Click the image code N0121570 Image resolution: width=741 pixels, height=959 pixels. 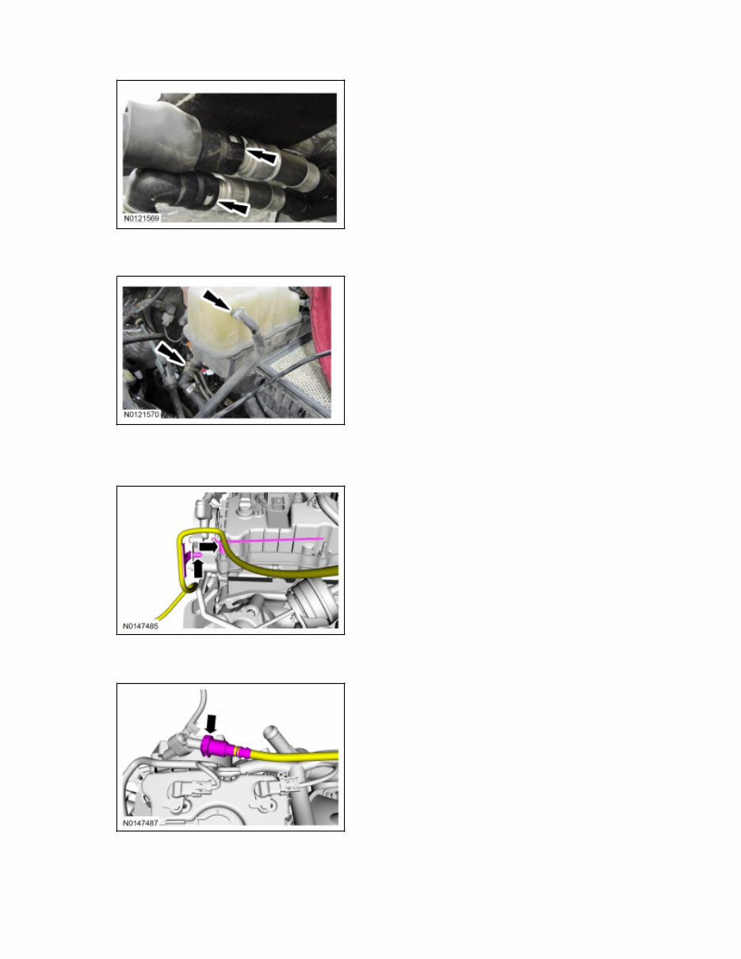pos(143,414)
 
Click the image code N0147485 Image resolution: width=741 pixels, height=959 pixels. pos(143,625)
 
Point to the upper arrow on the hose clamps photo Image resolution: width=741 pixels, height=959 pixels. pos(262,155)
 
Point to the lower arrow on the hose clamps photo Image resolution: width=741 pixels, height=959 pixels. pos(235,208)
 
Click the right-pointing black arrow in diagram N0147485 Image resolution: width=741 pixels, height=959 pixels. pos(208,546)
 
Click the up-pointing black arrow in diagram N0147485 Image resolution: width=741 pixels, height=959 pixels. pos(199,567)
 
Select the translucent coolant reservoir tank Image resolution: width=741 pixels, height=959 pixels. pos(238,325)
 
